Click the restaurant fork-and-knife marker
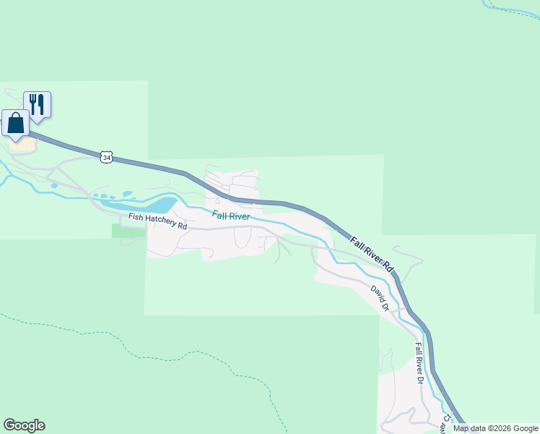point(37,104)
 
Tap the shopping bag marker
point(16,123)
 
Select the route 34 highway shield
point(107,157)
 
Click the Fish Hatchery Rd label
point(157,221)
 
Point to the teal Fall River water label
point(231,216)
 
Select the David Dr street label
point(380,298)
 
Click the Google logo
point(24,425)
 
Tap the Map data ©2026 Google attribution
point(495,428)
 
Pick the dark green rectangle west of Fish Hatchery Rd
point(129,231)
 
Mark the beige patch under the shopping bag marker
point(24,143)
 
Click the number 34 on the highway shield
point(107,157)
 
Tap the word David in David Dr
point(377,294)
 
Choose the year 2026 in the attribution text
point(500,428)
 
